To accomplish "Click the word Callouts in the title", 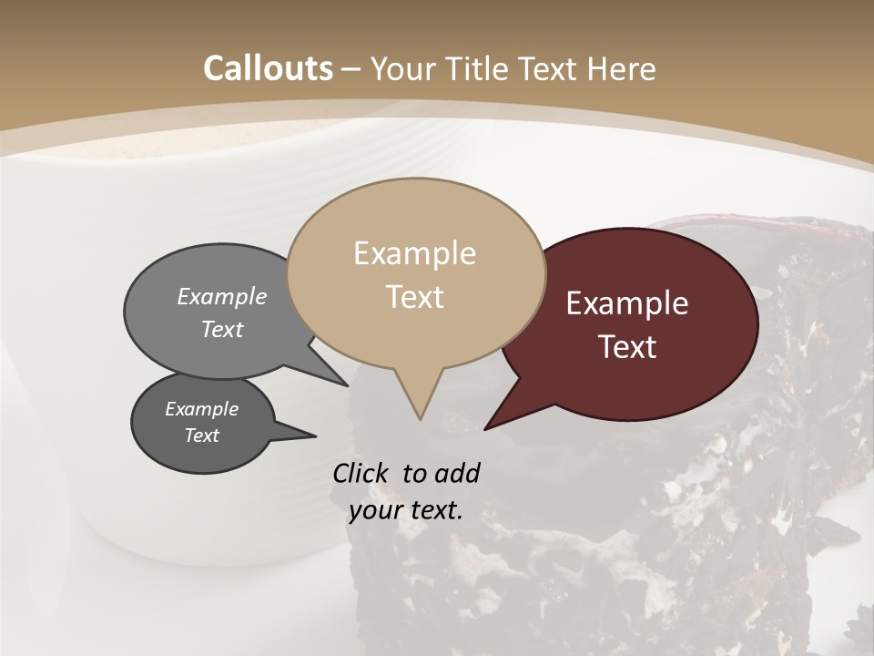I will point(268,68).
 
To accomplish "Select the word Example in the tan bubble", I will point(414,253).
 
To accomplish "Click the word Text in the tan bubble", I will point(414,297).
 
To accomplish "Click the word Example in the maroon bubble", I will point(627,303).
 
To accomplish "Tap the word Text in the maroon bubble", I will point(627,347).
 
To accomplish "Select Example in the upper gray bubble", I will point(222,296).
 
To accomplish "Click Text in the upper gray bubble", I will point(222,329).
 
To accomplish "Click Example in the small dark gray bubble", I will point(201,409).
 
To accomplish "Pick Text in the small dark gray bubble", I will point(201,436).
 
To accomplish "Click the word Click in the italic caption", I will point(361,473).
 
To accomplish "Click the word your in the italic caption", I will point(374,510).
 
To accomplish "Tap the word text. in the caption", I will point(432,510).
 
